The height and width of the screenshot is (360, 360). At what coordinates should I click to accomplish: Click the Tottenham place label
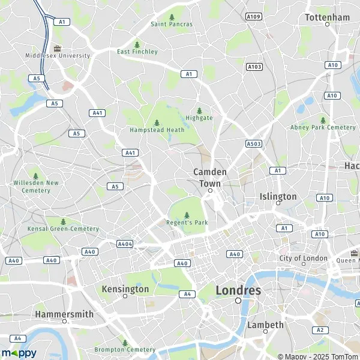tap(327, 17)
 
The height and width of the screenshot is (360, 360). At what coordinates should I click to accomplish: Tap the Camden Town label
tap(210, 176)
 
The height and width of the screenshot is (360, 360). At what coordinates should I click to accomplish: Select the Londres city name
tap(238, 290)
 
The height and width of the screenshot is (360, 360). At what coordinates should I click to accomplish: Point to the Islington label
tap(278, 196)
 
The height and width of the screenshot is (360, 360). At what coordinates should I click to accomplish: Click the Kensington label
tap(125, 289)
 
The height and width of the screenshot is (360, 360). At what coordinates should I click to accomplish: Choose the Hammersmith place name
tap(64, 314)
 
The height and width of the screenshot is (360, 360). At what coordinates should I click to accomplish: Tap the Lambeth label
tap(265, 325)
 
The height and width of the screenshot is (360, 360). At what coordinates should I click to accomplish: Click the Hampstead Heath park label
tap(157, 130)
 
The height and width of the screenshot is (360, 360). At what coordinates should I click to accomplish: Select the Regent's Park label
tap(186, 223)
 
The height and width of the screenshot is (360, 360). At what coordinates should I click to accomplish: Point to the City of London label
tap(304, 258)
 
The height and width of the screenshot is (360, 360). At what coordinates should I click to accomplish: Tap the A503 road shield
tap(254, 143)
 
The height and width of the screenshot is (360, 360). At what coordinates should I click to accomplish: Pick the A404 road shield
tap(125, 244)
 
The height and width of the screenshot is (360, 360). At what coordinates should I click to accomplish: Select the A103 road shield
tap(254, 67)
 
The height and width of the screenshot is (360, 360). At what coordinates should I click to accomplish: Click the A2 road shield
tap(320, 330)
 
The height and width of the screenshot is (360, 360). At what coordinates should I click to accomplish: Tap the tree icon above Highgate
tap(199, 110)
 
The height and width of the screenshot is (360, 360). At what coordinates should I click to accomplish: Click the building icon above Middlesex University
tap(58, 48)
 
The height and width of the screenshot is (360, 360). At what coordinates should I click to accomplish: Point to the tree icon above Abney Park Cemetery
tap(323, 120)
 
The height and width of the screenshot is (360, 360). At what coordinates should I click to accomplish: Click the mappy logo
tap(19, 353)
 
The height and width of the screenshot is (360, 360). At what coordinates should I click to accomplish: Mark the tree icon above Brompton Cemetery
tap(125, 342)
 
